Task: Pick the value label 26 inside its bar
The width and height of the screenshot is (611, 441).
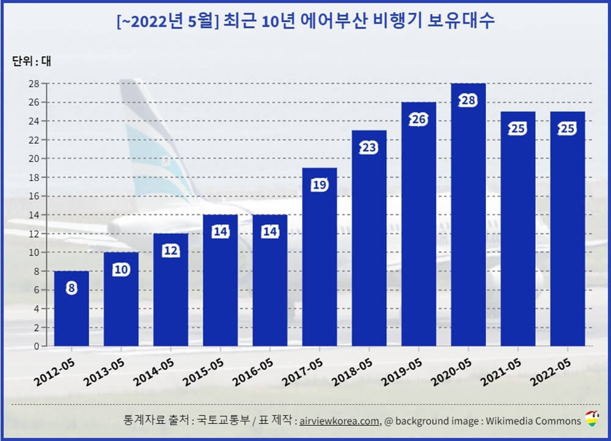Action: click(x=419, y=120)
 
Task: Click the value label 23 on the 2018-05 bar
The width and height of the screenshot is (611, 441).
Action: click(x=369, y=148)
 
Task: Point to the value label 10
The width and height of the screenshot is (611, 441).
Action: click(x=121, y=269)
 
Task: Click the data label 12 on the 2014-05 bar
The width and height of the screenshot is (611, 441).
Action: click(x=170, y=251)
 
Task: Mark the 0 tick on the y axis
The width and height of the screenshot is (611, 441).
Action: click(x=36, y=346)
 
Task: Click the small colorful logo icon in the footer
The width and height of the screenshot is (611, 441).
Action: click(x=592, y=419)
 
